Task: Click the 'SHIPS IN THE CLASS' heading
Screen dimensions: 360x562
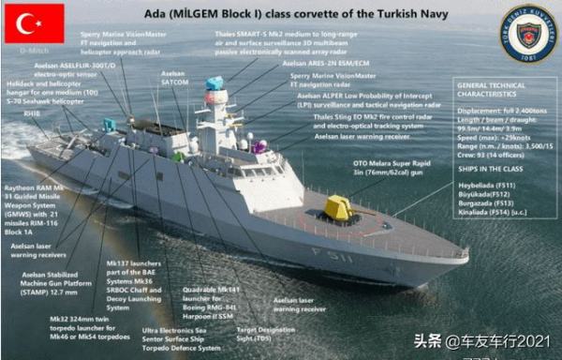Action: [x=490, y=169]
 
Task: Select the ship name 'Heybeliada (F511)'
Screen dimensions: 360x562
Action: [x=487, y=186]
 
